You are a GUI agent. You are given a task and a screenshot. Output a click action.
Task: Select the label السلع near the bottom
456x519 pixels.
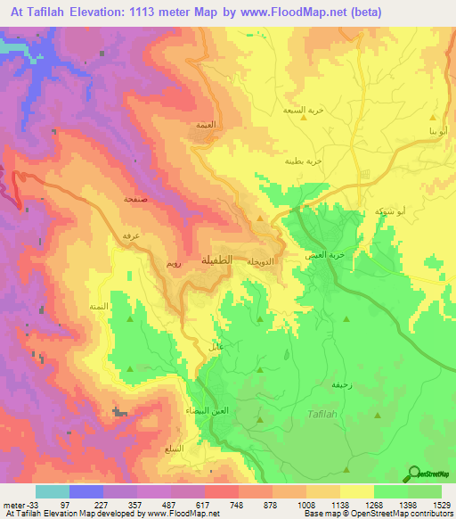coord(176,448)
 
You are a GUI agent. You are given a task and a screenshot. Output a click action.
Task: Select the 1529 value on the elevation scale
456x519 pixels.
coord(441,504)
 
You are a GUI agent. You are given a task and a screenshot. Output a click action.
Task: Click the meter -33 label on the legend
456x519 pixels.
coord(19,504)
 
